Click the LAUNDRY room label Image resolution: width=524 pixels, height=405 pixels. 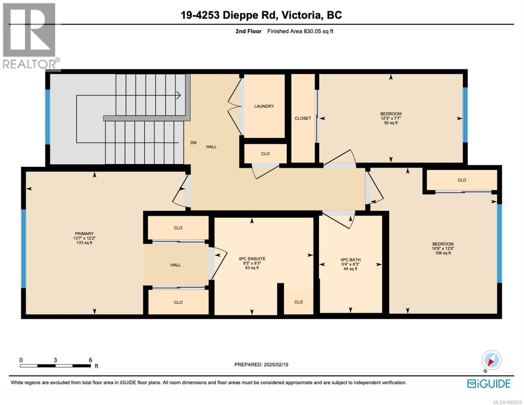264,106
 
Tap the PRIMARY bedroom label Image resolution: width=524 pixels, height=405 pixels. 84,234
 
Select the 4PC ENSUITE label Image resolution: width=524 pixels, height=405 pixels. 252,259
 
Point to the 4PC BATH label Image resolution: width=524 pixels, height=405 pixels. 350,260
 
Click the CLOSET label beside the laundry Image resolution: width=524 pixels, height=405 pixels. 303,118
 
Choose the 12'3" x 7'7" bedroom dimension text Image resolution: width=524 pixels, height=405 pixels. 391,118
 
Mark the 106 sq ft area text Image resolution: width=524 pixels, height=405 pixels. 443,253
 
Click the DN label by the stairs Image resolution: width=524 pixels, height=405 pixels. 193,143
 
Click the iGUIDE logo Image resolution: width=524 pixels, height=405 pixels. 489,384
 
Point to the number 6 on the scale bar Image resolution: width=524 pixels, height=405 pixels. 90,360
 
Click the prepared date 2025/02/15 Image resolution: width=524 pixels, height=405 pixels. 261,364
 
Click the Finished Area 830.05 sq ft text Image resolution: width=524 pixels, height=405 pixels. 300,31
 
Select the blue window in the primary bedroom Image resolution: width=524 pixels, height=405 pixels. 23,249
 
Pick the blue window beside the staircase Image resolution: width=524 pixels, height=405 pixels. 48,116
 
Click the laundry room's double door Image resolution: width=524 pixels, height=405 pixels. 235,106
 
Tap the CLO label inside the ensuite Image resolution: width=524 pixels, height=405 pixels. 298,302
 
